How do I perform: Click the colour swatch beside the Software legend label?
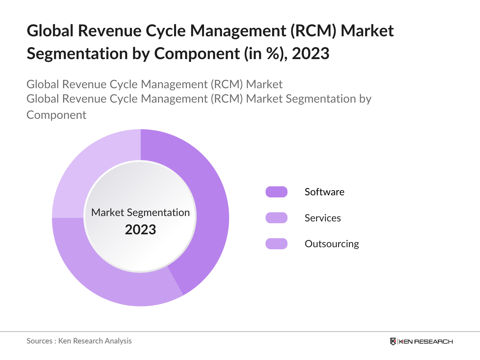[x=276, y=192]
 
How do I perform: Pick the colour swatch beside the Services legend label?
[x=276, y=218]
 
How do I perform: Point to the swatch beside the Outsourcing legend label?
[x=276, y=244]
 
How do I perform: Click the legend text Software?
[x=324, y=192]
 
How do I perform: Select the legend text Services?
[x=322, y=218]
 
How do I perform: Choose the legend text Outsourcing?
[x=331, y=244]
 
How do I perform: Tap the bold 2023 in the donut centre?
[x=140, y=230]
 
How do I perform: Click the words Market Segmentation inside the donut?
[x=140, y=212]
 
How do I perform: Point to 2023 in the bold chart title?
[x=310, y=54]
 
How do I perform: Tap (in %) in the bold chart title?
[x=263, y=54]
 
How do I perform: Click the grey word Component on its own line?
[x=56, y=115]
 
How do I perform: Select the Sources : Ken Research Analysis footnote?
[x=79, y=341]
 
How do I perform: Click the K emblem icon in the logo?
[x=393, y=341]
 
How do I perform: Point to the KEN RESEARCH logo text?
[x=426, y=342]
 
